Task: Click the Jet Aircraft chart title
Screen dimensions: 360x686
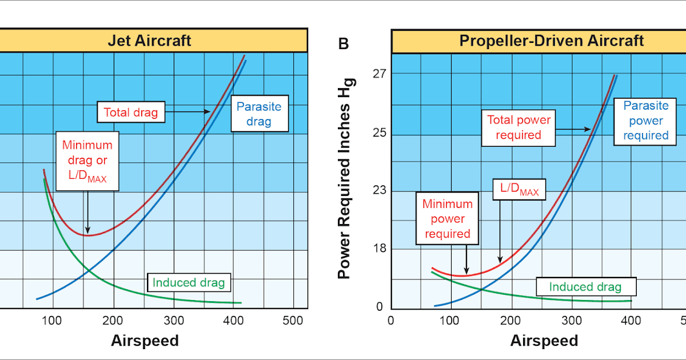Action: [x=150, y=41]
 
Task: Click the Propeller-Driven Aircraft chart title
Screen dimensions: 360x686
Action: [x=552, y=41]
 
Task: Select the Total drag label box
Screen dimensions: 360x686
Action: [x=131, y=112]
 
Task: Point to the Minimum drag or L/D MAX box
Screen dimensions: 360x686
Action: [x=87, y=162]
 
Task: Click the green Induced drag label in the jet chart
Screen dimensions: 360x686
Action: [x=189, y=282]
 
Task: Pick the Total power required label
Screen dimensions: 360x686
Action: [x=518, y=127]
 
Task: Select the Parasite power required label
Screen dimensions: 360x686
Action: [x=645, y=121]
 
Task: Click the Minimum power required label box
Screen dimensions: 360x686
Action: [x=447, y=219]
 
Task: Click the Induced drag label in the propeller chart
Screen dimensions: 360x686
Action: [x=585, y=287]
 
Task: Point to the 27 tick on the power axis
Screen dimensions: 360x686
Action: [x=379, y=74]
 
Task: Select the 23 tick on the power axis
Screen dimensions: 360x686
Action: [x=379, y=190]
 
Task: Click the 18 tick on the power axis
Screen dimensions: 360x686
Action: [x=379, y=249]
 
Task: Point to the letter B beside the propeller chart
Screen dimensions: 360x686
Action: [x=344, y=43]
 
